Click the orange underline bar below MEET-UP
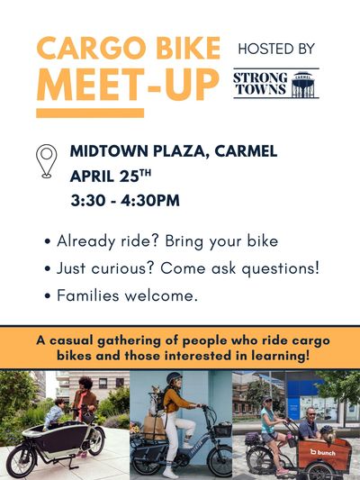click(89, 113)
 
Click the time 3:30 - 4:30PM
click(125, 200)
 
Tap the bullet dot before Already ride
click(47, 243)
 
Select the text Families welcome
click(127, 294)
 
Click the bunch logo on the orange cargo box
click(323, 451)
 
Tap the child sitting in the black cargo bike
click(56, 413)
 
